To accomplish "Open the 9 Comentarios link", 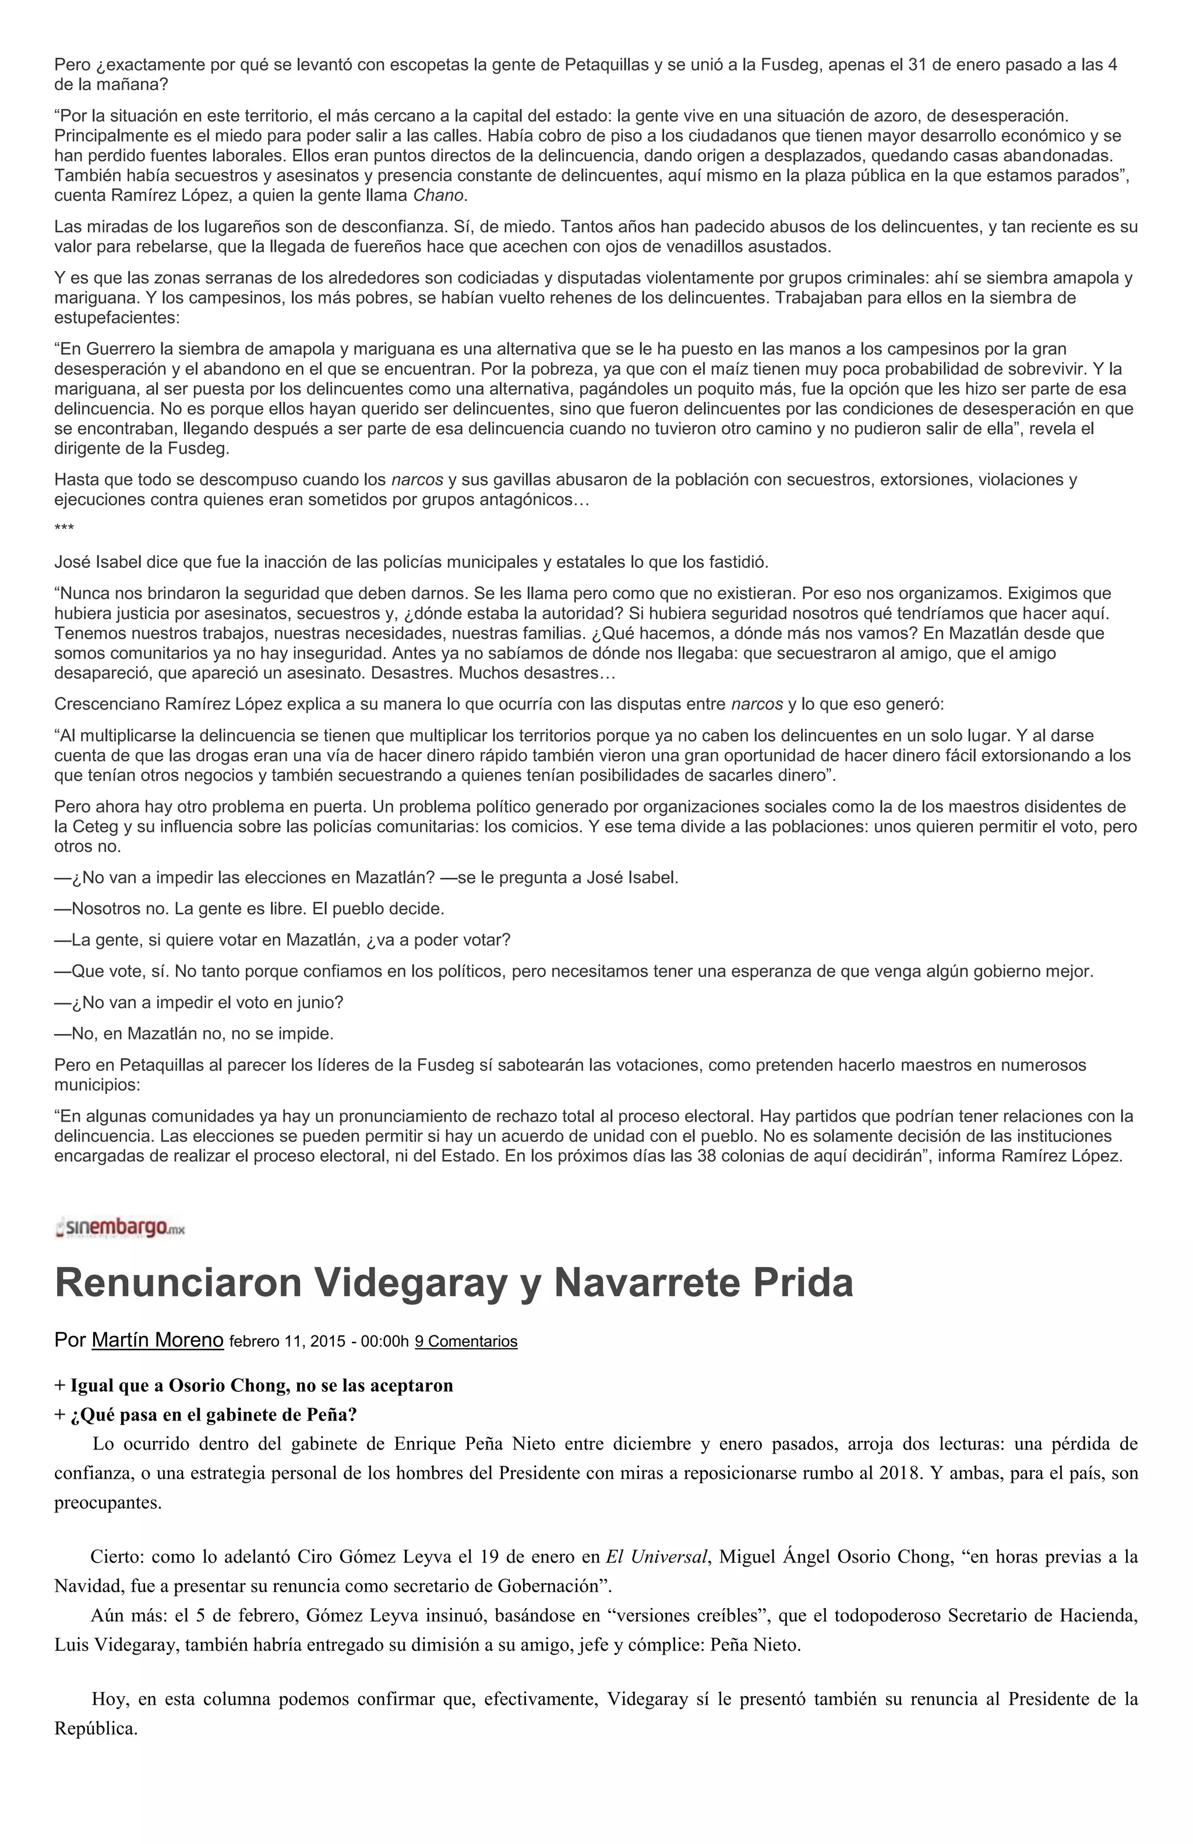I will [465, 1341].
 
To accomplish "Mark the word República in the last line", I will [94, 1729].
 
